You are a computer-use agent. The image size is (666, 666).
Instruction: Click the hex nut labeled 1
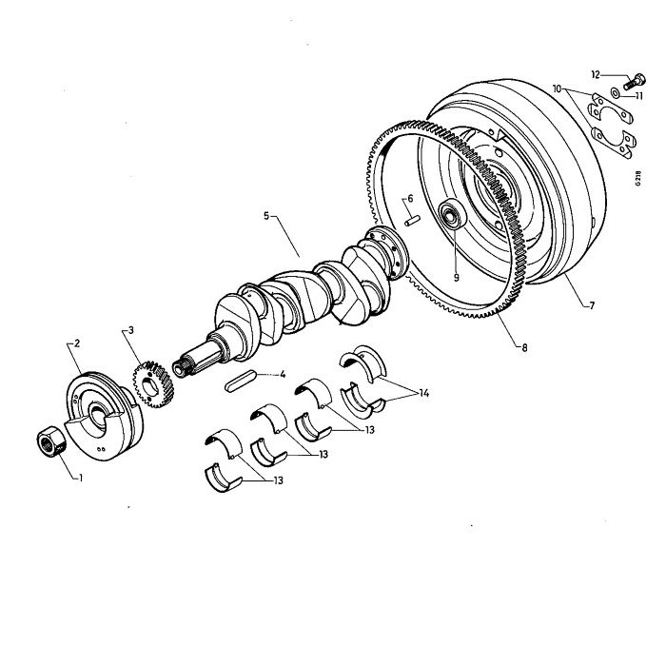point(51,441)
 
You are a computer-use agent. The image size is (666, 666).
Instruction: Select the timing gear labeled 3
point(152,384)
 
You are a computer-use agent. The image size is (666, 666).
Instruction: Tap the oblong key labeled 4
point(241,381)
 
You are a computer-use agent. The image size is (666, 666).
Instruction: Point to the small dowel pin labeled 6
point(412,221)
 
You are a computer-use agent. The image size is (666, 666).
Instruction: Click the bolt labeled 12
point(636,82)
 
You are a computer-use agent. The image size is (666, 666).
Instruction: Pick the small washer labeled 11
point(615,92)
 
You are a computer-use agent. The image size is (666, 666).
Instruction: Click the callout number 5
point(266,216)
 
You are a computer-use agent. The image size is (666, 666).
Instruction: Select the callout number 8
point(524,348)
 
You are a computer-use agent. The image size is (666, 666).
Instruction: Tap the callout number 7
point(592,305)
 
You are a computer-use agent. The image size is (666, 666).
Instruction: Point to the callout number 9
point(456,278)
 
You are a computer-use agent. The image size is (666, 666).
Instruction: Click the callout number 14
point(424,393)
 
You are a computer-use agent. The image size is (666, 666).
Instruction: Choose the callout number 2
point(77,343)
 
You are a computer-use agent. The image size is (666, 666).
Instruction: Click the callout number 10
point(558,88)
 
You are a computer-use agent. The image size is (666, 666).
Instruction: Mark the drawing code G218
point(638,179)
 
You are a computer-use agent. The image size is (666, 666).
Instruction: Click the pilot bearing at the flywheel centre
point(451,215)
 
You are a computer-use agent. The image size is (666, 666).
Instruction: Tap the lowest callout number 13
point(278,480)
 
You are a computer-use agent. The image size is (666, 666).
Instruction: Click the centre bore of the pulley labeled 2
point(99,417)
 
